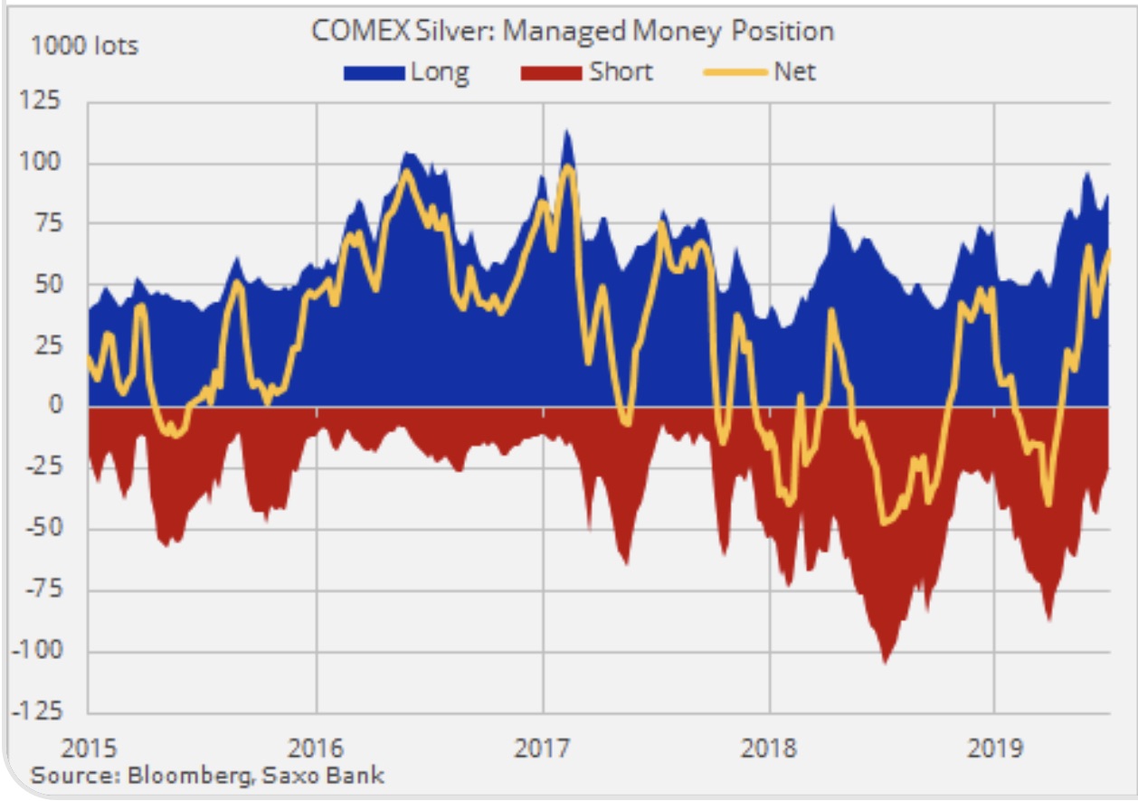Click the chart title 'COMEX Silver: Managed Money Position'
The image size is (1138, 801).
pos(572,31)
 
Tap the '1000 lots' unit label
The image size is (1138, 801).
pos(85,45)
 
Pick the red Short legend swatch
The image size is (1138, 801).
pos(551,72)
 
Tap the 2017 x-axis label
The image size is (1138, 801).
pos(544,749)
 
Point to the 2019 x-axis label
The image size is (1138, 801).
pos(995,749)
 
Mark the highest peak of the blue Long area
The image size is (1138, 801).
pos(567,132)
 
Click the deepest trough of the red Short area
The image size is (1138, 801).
pos(886,663)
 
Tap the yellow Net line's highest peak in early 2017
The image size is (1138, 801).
pos(567,166)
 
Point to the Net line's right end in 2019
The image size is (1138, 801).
pos(1108,252)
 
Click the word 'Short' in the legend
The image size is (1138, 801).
pos(621,71)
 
